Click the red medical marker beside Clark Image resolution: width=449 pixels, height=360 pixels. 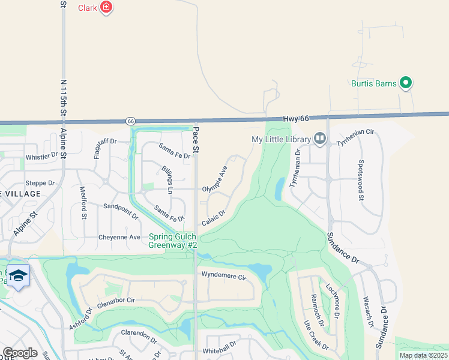[x=106, y=8]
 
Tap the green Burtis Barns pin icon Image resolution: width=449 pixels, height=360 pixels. [x=406, y=83]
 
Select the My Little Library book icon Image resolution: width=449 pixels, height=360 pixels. [x=320, y=140]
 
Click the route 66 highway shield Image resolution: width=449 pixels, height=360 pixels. [x=131, y=121]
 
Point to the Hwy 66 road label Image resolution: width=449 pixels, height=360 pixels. [x=296, y=119]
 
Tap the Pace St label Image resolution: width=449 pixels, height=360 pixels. [x=195, y=138]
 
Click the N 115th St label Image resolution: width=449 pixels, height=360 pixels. [x=63, y=100]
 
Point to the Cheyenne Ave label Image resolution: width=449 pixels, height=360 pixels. [x=119, y=237]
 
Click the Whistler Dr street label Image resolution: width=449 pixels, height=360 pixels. [x=41, y=156]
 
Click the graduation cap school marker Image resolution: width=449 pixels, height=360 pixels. [x=19, y=275]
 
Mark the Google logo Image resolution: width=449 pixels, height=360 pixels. [x=20, y=353]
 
